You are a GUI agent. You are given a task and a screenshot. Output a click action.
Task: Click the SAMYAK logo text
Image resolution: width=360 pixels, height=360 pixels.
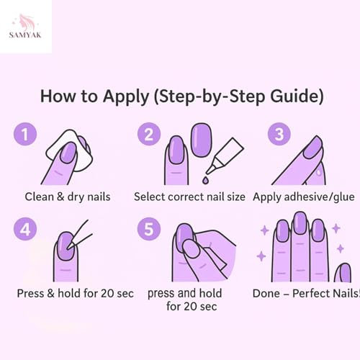[25, 35]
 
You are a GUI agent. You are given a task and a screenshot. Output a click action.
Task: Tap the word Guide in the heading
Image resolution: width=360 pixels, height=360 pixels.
[297, 96]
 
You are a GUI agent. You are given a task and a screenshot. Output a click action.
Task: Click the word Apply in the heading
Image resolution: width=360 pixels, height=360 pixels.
[126, 97]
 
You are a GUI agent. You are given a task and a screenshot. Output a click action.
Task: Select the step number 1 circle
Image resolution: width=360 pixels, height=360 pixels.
[25, 134]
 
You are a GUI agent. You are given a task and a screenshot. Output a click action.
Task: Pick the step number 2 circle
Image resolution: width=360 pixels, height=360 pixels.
[149, 134]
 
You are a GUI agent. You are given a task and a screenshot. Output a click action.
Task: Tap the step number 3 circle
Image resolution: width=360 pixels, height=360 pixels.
[279, 134]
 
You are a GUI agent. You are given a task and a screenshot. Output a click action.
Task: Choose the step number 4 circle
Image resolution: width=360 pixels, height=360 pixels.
[25, 229]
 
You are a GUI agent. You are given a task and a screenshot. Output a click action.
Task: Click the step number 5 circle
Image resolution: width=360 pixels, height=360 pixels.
[149, 229]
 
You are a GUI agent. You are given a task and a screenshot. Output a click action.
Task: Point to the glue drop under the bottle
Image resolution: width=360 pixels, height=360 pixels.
[205, 180]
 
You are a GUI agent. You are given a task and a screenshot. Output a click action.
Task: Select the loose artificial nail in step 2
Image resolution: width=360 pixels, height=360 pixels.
[202, 140]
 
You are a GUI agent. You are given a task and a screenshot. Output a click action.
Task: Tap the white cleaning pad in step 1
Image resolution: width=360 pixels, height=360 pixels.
[69, 150]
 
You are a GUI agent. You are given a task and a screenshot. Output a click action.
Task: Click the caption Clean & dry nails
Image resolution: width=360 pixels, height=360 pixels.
[68, 197]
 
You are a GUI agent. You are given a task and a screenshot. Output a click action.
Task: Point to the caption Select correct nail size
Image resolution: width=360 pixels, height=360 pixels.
[189, 197]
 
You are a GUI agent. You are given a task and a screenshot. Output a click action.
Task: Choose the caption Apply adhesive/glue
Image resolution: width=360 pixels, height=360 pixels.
[304, 197]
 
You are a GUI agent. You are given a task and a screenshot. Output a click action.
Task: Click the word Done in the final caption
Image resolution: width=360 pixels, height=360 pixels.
[266, 293]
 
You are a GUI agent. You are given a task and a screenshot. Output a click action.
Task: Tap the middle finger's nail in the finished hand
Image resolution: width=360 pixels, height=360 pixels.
[300, 223]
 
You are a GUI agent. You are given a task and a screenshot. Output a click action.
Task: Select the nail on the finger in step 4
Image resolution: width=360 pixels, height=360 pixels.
[66, 246]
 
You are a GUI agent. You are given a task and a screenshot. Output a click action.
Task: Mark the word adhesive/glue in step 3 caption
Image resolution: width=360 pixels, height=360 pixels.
[320, 197]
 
